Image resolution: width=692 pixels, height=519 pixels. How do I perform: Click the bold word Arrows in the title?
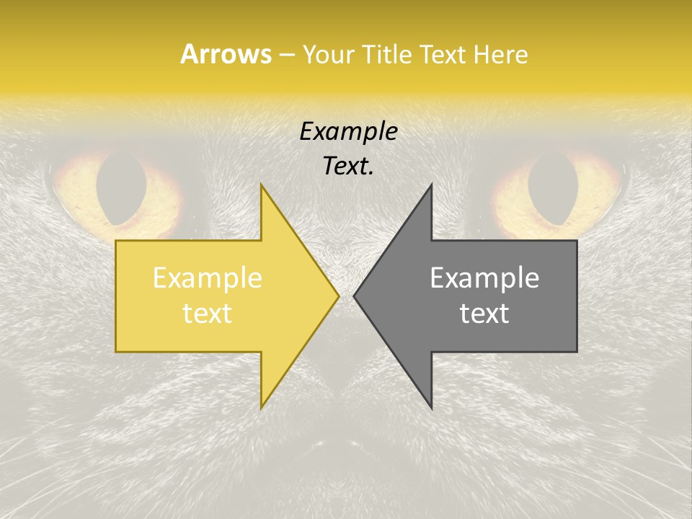226,54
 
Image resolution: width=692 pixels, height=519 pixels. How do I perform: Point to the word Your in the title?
329,55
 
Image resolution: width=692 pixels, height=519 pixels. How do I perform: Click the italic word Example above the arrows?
348,132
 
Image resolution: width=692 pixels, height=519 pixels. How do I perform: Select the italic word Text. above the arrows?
348,166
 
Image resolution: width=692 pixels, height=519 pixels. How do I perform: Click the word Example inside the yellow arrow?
207,278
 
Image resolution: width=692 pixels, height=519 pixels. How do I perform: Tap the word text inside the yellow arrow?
207,313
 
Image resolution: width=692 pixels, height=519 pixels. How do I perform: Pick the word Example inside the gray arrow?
484,278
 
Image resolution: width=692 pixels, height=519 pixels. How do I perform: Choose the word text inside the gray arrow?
484,313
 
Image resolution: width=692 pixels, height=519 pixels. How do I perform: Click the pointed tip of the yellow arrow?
338,296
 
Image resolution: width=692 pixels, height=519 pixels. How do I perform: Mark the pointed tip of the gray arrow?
354,296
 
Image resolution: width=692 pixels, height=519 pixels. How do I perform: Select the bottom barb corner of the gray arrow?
431,407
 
